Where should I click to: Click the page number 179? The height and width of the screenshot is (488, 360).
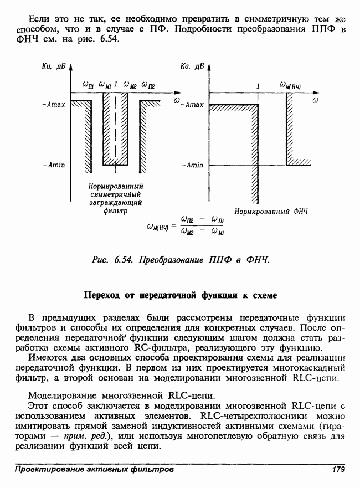click(x=337, y=470)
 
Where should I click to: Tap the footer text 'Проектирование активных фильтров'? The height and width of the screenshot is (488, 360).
click(x=94, y=470)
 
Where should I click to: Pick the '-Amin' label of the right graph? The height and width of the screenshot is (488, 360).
click(x=193, y=165)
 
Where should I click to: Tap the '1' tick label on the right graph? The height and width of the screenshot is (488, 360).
click(x=258, y=86)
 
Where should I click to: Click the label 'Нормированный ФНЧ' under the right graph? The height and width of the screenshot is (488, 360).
click(x=270, y=212)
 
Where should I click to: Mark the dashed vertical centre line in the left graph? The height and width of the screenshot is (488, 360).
click(x=115, y=127)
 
